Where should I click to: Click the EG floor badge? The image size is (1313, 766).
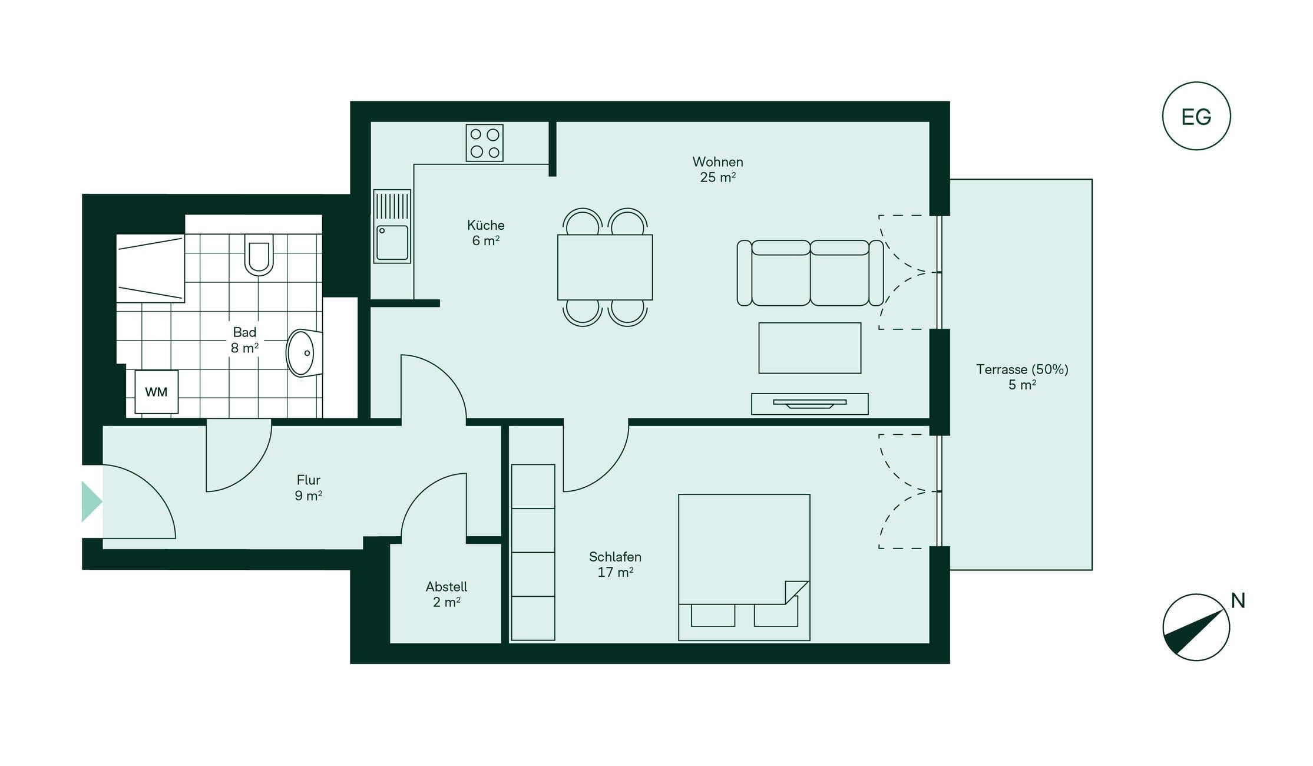click(1196, 116)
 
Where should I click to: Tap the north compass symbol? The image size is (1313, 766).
click(1196, 627)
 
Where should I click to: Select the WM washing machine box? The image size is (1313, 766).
click(156, 392)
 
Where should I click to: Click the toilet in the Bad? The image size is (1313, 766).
click(259, 255)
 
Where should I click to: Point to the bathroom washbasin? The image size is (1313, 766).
click(304, 353)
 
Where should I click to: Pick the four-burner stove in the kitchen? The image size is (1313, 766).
click(484, 143)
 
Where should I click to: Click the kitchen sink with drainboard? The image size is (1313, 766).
click(392, 226)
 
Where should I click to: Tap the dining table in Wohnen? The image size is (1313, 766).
click(605, 268)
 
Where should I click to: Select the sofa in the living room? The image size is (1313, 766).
click(810, 273)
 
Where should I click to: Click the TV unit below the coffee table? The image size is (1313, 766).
click(809, 404)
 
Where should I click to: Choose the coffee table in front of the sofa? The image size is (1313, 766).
click(809, 348)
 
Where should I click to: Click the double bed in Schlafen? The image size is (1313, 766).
click(744, 567)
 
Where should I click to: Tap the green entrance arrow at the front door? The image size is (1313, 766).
click(91, 501)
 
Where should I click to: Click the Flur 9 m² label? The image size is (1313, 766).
click(309, 488)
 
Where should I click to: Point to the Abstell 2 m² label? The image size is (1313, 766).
click(447, 594)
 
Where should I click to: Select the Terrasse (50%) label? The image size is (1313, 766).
click(1022, 369)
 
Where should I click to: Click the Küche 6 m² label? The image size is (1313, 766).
click(486, 233)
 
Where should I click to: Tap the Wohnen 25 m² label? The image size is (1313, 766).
click(717, 169)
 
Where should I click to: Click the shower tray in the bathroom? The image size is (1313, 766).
click(150, 268)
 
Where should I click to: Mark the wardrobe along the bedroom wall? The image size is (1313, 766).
click(533, 552)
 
